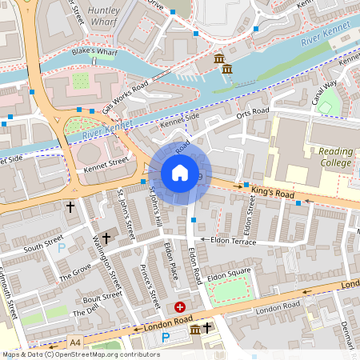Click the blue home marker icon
tap(180, 173)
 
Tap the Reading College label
tap(334, 158)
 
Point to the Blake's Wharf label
tap(94, 51)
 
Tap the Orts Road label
tap(253, 115)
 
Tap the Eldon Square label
tap(230, 276)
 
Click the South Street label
tap(42, 243)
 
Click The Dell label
tap(84, 312)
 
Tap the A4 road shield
tap(75, 342)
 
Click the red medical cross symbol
tap(180, 306)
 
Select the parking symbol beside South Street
tap(62, 248)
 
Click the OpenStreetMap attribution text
tap(80, 354)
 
